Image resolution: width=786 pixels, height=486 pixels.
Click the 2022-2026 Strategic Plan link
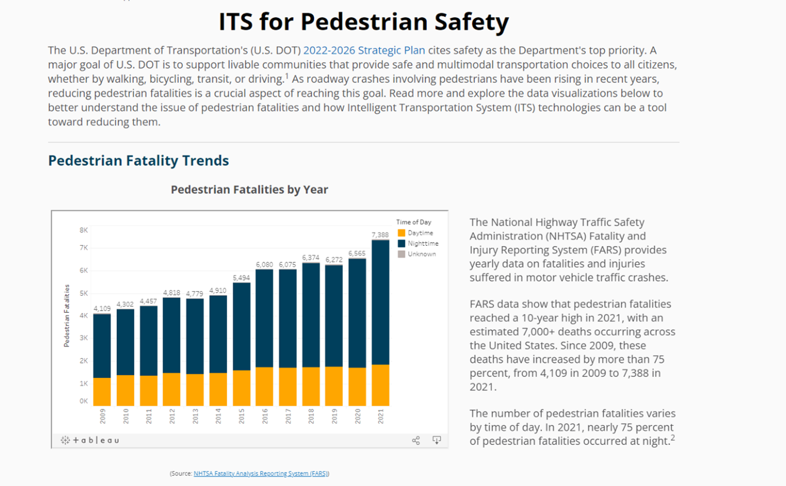tap(364, 50)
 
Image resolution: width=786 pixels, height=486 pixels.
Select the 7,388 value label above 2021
tap(380, 235)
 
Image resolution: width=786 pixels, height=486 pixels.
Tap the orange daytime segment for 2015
tap(241, 388)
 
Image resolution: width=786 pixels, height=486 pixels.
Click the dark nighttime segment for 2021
tap(381, 303)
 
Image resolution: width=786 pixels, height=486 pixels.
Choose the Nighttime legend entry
tap(418, 244)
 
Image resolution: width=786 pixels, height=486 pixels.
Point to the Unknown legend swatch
tap(401, 254)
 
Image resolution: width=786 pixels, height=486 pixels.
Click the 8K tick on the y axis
tap(84, 230)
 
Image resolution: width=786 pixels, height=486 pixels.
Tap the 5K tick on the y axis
tap(84, 293)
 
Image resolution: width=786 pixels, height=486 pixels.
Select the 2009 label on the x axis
tap(102, 416)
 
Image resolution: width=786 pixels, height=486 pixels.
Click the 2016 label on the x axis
tap(265, 416)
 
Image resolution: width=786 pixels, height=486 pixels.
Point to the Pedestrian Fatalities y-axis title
tap(67, 316)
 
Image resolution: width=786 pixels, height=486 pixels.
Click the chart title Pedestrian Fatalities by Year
tap(249, 190)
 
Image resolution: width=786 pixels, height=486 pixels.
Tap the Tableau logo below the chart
tap(90, 440)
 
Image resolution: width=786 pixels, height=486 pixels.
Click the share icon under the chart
tap(416, 440)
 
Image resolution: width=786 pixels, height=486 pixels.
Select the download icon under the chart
tap(436, 440)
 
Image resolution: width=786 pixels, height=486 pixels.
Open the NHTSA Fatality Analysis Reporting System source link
tap(261, 474)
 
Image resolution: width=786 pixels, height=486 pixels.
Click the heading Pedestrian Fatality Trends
tap(138, 160)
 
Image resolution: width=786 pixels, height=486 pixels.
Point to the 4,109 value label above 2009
tap(102, 308)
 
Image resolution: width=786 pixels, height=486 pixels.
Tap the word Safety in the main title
tap(472, 22)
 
